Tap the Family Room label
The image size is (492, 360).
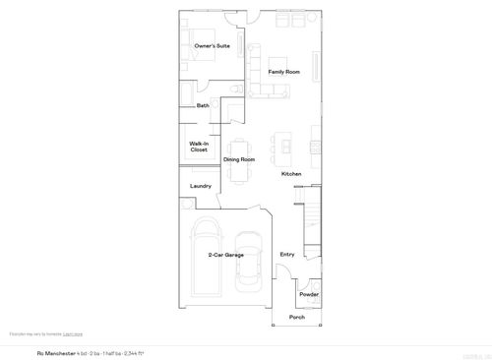(283, 72)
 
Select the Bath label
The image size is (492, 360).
(203, 105)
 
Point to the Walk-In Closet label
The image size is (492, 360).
(199, 147)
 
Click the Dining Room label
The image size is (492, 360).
(239, 159)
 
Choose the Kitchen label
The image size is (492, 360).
(291, 174)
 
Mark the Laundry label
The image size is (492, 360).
(201, 185)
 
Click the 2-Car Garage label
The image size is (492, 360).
(225, 255)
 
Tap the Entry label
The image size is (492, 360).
(287, 255)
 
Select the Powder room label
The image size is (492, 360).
(309, 294)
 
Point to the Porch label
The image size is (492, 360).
(296, 317)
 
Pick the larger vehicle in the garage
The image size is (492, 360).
(207, 258)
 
